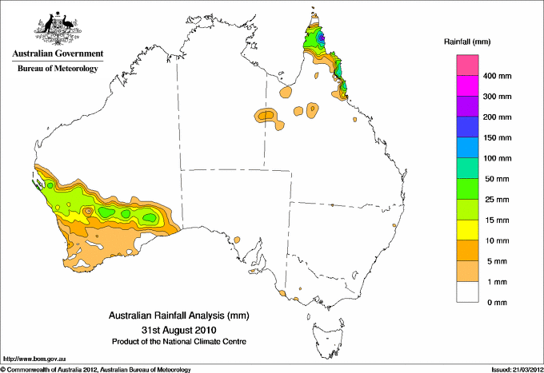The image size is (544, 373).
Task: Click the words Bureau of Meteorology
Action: (58, 69)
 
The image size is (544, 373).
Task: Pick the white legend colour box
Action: (467, 292)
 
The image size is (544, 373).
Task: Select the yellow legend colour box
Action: (467, 230)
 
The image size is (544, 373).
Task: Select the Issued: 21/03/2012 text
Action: (513, 369)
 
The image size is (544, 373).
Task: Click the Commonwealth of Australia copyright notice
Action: (96, 369)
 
